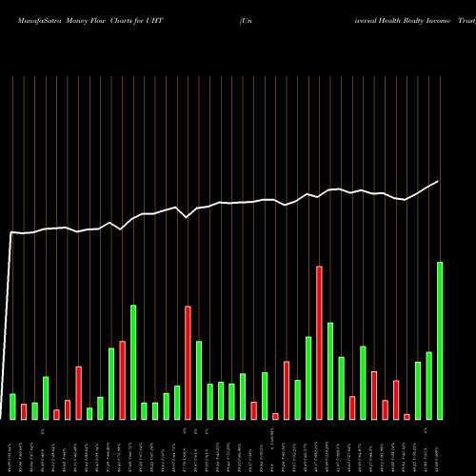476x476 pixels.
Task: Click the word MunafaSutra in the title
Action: [34, 20]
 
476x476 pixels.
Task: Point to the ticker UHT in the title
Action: [167, 20]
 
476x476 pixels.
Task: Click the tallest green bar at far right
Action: [440, 341]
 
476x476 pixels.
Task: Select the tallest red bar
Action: [319, 343]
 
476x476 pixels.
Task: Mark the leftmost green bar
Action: [12, 407]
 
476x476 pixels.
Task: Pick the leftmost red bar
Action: [24, 411]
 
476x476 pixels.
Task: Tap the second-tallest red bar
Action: [188, 363]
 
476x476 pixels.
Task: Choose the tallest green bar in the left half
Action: [133, 362]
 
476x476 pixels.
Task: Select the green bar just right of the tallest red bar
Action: [330, 371]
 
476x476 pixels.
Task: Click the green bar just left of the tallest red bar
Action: [308, 378]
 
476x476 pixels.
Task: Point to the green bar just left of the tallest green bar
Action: [428, 386]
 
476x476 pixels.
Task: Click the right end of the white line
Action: [439, 181]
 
